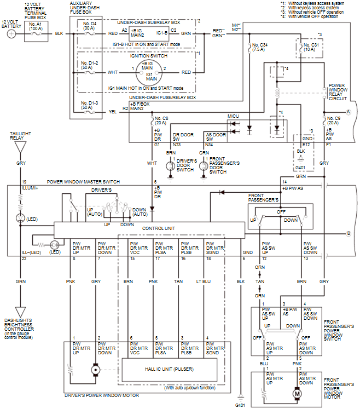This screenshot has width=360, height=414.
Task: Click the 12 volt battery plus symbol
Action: (x=11, y=34)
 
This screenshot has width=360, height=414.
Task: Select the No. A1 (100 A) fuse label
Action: (x=36, y=26)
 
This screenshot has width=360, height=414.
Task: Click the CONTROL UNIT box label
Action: (x=159, y=228)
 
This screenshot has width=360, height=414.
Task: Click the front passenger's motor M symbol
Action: (x=297, y=394)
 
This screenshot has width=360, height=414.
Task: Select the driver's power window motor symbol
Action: (x=96, y=370)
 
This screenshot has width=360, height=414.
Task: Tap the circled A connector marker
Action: (x=349, y=112)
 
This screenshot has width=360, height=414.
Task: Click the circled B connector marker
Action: (x=349, y=233)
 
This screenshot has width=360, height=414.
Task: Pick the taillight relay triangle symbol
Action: (x=20, y=147)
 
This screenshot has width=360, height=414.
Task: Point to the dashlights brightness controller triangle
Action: (x=20, y=312)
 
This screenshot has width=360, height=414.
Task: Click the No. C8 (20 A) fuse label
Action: (x=161, y=120)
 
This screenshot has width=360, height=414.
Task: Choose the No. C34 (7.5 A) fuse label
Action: (x=260, y=47)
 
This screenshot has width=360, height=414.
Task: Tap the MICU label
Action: (x=233, y=116)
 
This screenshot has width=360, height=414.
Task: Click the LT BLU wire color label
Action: (x=204, y=281)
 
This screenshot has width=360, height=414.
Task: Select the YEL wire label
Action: (x=113, y=112)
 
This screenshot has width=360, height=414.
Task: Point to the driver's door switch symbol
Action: (x=171, y=166)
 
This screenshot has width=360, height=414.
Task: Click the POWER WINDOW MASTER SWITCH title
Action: (x=83, y=182)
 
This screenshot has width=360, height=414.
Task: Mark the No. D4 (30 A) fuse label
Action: (x=90, y=26)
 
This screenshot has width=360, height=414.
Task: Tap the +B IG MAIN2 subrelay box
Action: (x=149, y=33)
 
